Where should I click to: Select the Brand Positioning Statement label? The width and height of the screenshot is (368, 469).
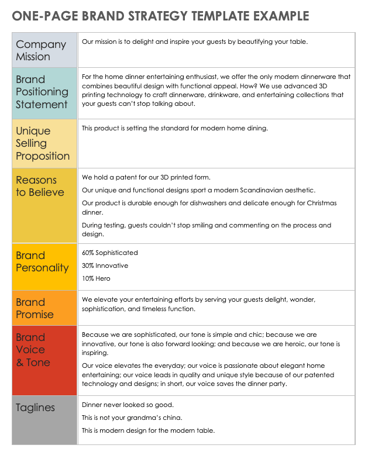[x=42, y=92]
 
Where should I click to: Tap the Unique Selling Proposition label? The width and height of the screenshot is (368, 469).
[x=43, y=143]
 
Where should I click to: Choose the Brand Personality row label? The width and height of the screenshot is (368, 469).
[x=42, y=261]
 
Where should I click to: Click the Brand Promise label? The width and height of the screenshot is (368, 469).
[x=35, y=308]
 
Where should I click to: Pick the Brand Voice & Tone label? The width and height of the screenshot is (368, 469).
[x=33, y=350]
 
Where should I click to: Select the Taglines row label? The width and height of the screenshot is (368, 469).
[x=36, y=408]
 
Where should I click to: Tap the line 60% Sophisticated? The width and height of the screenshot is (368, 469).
[x=110, y=253]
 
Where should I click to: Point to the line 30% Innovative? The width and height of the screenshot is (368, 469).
[x=105, y=265]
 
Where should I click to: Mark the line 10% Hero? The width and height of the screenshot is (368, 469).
[x=96, y=278]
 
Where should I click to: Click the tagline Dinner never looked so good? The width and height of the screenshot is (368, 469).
[x=128, y=405]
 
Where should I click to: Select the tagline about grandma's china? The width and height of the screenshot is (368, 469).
[x=132, y=418]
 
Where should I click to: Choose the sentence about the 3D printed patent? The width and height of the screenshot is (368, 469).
[x=146, y=177]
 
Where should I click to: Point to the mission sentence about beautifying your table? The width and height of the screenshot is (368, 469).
[x=195, y=42]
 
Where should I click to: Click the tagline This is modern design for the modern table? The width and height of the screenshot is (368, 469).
[x=148, y=430]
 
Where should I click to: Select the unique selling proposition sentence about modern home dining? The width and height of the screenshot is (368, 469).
[x=174, y=128]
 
